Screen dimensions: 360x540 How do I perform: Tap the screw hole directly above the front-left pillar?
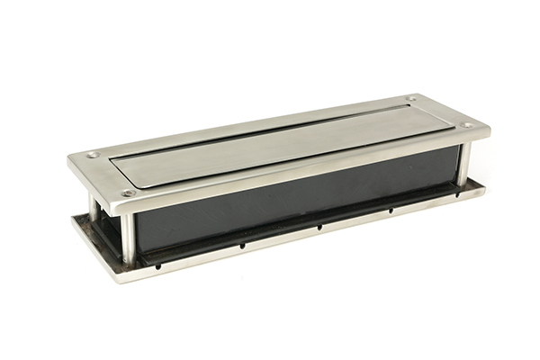pos(128,192)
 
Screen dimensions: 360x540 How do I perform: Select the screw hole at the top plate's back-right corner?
pos(410,98)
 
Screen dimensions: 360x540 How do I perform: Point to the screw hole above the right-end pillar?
pos(466,124)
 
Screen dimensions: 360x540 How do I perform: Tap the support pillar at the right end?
pos(463,162)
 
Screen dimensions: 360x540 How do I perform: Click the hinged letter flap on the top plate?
pos(279,144)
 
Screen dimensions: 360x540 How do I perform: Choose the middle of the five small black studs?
pos(319,227)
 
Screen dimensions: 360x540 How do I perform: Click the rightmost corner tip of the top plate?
pos(490,126)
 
